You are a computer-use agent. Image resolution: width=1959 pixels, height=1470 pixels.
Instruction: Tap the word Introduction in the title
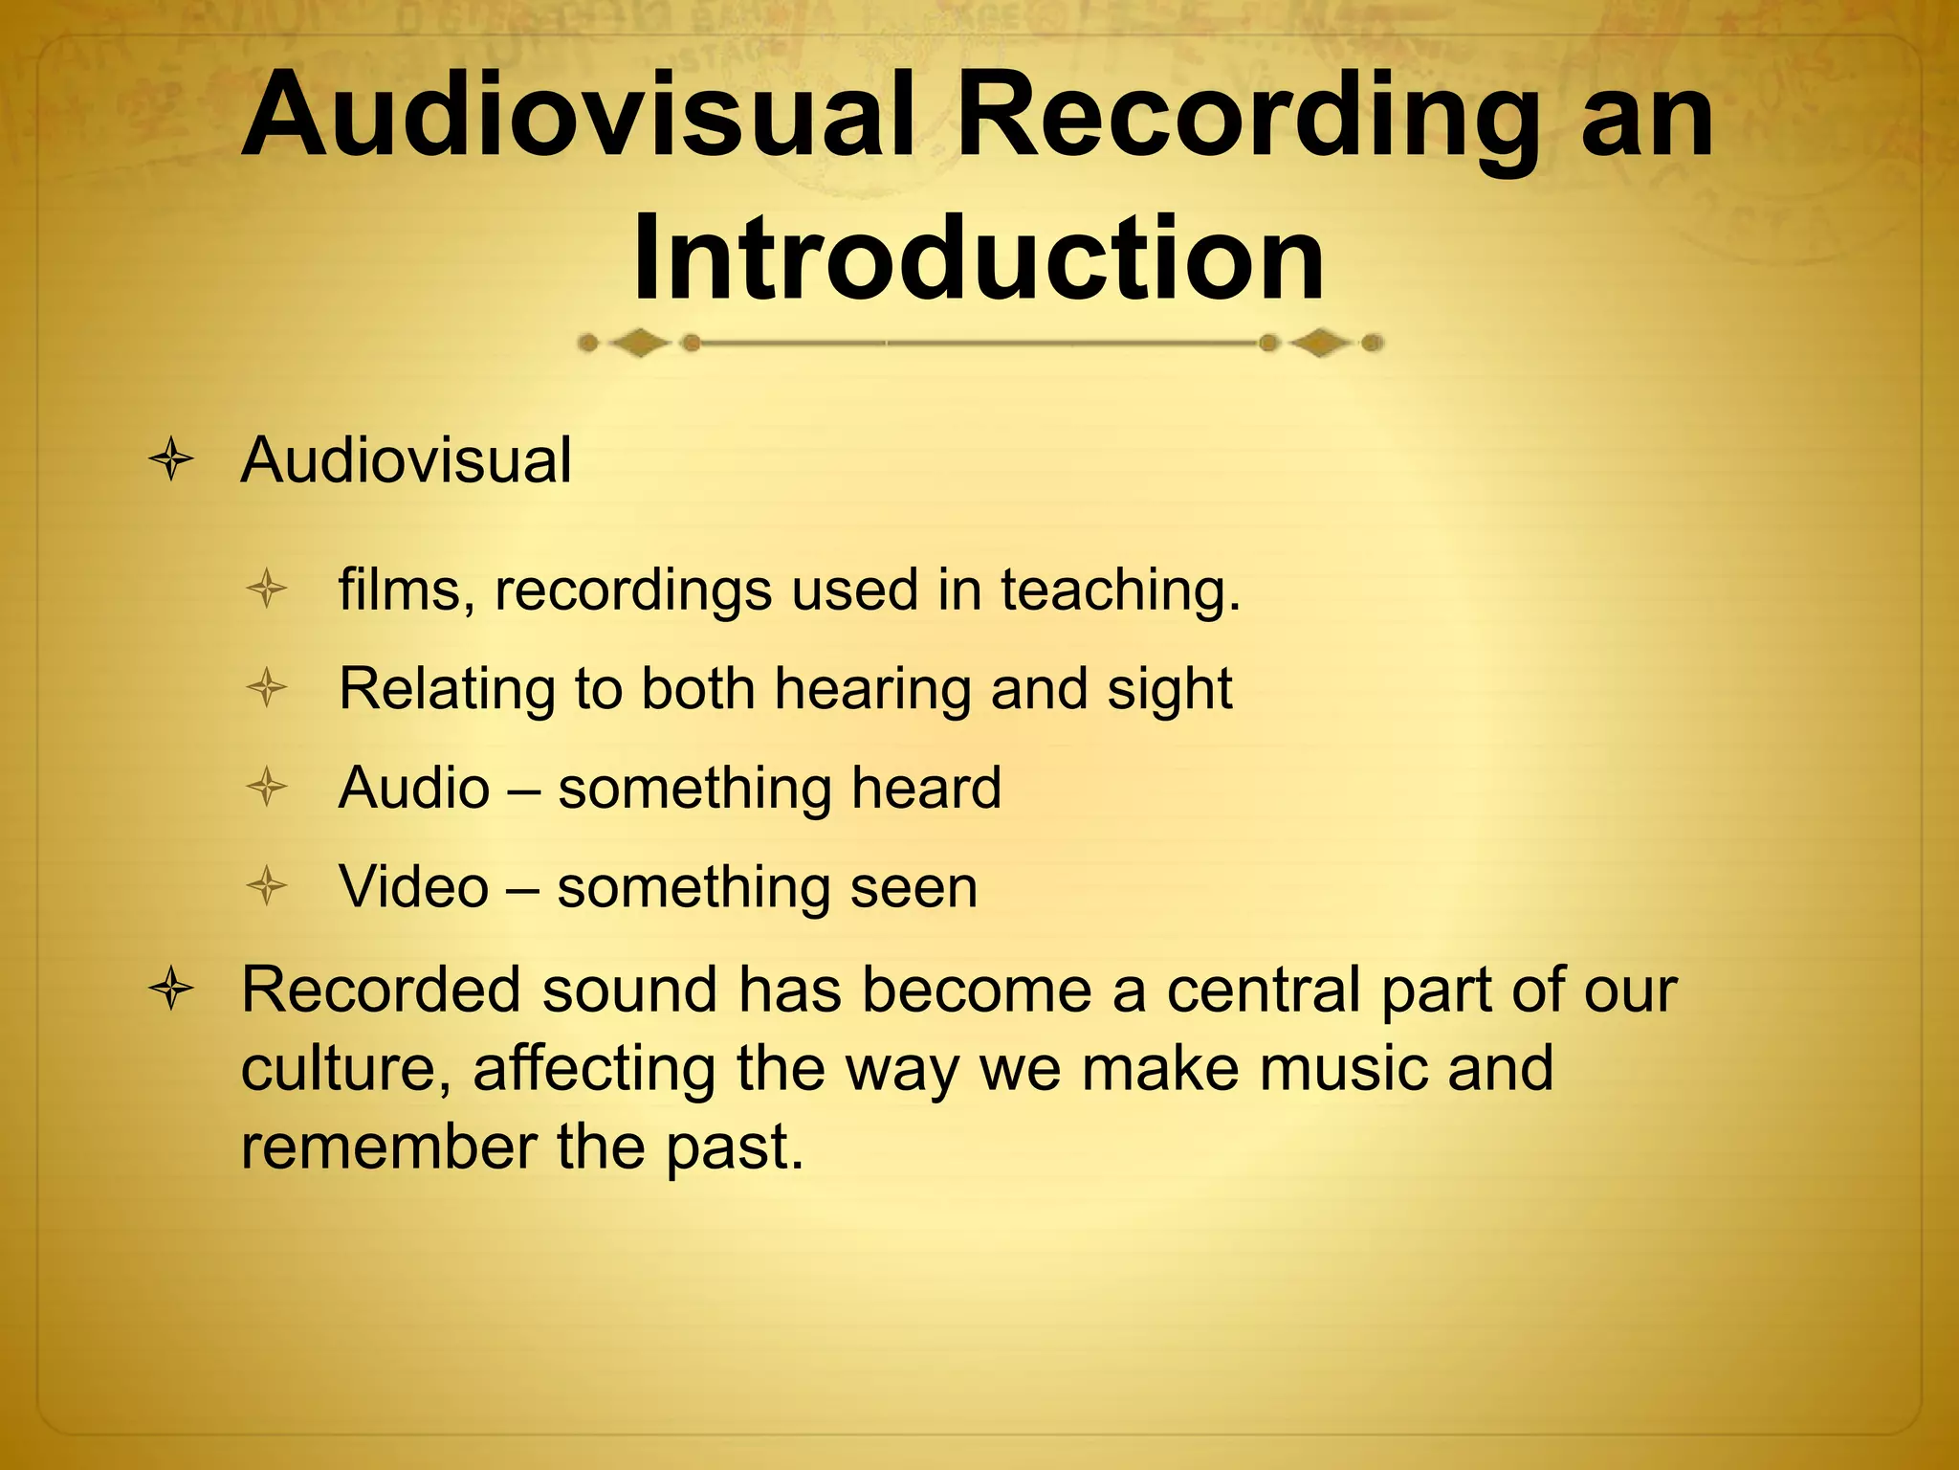tap(978, 256)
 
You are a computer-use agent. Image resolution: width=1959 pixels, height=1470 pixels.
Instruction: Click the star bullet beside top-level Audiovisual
tap(171, 461)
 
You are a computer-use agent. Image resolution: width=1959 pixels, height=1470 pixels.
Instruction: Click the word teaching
tap(1120, 590)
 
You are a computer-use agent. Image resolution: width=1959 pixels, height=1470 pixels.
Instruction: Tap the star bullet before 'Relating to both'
tap(266, 688)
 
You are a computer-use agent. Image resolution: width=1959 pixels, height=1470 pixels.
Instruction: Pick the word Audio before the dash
tap(414, 788)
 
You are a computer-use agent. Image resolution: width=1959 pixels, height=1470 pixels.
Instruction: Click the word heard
tap(926, 788)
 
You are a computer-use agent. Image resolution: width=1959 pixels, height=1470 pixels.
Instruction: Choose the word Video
tap(413, 887)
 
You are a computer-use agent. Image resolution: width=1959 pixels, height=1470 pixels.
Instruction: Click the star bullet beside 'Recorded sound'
tap(171, 990)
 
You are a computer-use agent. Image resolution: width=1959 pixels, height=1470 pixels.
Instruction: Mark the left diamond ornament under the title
tap(639, 343)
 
